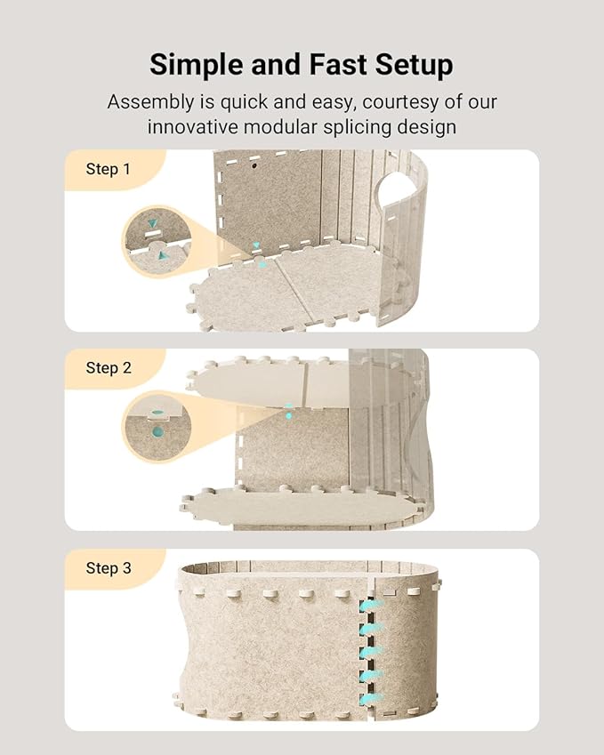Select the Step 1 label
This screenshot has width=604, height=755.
click(x=109, y=168)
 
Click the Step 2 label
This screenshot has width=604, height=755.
click(x=109, y=367)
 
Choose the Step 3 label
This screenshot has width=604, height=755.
click(x=109, y=567)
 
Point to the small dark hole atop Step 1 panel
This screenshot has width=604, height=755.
click(x=254, y=166)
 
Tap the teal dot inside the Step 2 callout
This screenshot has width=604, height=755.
click(x=157, y=433)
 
